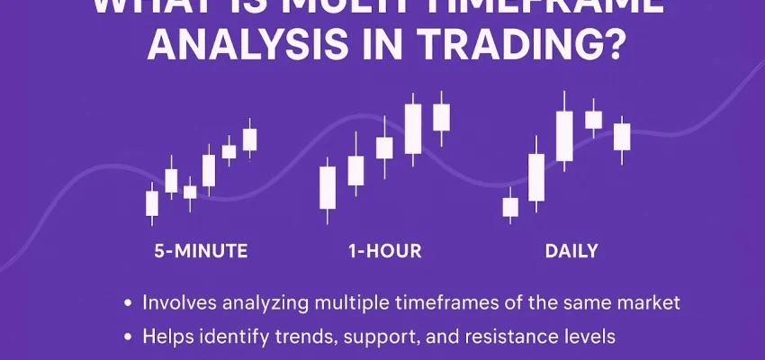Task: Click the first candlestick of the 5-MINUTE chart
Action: [152, 202]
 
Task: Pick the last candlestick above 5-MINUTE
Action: [249, 139]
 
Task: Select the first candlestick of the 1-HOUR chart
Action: [328, 186]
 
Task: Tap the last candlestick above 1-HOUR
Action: [441, 117]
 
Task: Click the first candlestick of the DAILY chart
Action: [510, 207]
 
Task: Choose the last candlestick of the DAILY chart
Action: [622, 137]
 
